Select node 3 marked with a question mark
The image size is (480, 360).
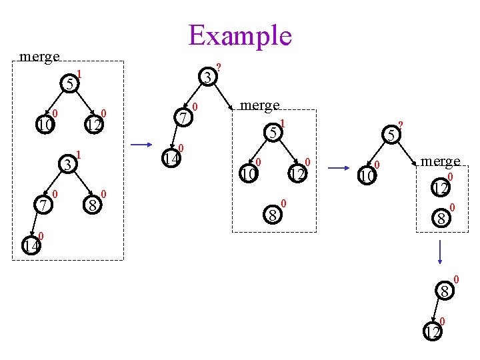point(209,78)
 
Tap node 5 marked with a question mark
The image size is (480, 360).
point(391,136)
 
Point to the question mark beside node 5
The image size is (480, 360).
point(401,125)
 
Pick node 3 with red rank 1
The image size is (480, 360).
point(67,163)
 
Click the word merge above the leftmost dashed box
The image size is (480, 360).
point(40,57)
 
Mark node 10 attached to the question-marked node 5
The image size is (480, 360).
point(366,176)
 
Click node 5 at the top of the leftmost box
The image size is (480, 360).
point(69,84)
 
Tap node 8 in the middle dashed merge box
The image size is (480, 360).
point(272,215)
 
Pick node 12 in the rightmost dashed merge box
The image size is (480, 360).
point(440,189)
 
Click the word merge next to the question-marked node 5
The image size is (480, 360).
point(440,161)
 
